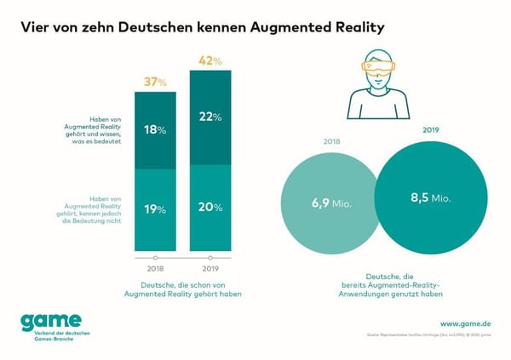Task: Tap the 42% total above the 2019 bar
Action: click(x=210, y=60)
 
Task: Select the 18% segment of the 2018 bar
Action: click(x=155, y=129)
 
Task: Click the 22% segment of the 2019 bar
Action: click(x=210, y=117)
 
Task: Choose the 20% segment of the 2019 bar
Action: click(x=210, y=207)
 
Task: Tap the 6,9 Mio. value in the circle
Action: click(x=328, y=206)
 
